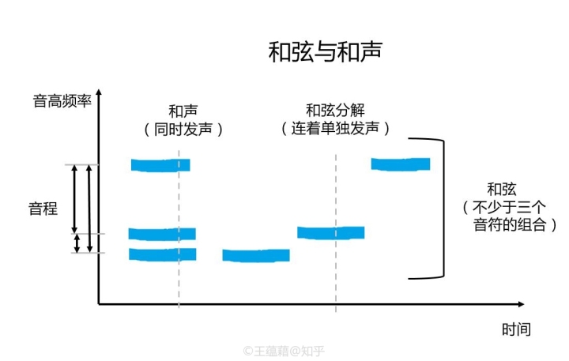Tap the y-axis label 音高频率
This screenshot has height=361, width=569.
coord(62,101)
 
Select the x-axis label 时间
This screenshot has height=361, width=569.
coord(515,329)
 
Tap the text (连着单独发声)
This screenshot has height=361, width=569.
coord(337,128)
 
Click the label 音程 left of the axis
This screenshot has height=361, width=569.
coord(43,209)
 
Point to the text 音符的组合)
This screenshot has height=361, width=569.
coord(515,225)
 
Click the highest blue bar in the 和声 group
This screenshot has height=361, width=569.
coord(160,165)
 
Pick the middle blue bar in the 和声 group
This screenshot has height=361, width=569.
coord(162,234)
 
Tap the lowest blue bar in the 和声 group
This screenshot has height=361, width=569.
coord(162,254)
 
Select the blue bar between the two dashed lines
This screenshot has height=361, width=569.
coord(256,255)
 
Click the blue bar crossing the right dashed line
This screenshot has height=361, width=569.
coord(331,232)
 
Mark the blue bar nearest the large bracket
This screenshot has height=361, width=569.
coord(401,164)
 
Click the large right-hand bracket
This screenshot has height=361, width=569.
coord(440,209)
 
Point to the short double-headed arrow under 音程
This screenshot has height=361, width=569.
coord(77,243)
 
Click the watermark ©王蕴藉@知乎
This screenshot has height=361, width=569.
coord(284,350)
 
